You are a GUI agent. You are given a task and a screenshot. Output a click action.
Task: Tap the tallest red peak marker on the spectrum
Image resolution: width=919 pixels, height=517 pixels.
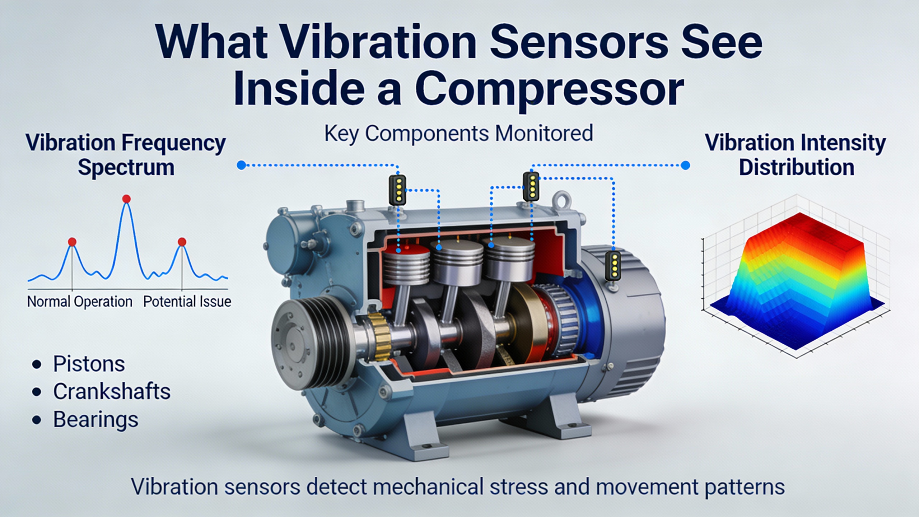tap(126, 199)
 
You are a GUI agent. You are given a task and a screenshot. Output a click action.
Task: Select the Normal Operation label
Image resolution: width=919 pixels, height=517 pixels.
tap(80, 302)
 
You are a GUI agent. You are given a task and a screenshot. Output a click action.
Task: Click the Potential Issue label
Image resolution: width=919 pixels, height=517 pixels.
tap(187, 302)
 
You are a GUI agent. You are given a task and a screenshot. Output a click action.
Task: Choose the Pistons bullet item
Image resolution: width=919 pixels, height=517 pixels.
tap(89, 364)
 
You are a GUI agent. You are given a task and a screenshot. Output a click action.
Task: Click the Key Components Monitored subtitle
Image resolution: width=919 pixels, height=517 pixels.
tap(458, 134)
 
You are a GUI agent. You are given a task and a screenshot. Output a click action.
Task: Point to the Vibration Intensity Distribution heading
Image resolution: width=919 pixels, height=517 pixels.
tap(796, 155)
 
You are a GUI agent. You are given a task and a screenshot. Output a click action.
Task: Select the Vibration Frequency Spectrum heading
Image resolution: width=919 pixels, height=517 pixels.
tap(126, 155)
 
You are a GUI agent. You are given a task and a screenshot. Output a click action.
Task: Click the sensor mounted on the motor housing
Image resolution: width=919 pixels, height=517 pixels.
tap(613, 266)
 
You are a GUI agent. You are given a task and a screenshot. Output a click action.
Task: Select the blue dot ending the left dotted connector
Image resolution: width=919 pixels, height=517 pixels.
tap(242, 165)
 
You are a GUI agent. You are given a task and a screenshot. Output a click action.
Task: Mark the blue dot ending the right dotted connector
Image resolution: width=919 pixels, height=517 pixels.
tap(685, 165)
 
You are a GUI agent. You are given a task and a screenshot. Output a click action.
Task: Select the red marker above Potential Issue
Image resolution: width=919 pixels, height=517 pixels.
tap(182, 242)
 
